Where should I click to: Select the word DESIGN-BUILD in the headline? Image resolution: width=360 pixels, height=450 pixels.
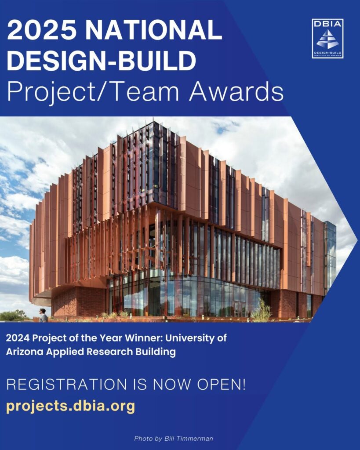pyautogui.click(x=102, y=61)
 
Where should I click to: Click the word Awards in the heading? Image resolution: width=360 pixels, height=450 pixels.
pyautogui.click(x=236, y=91)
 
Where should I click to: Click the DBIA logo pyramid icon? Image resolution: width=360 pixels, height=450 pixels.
pyautogui.click(x=327, y=39)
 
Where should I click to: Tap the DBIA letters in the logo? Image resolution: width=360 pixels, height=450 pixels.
pyautogui.click(x=327, y=24)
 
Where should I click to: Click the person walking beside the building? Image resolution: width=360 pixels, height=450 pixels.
pyautogui.click(x=43, y=315)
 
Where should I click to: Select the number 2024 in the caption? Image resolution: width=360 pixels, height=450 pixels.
pyautogui.click(x=18, y=338)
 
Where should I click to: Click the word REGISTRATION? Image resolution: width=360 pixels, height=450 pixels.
pyautogui.click(x=67, y=385)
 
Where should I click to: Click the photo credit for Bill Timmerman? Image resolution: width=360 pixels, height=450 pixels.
pyautogui.click(x=174, y=438)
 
